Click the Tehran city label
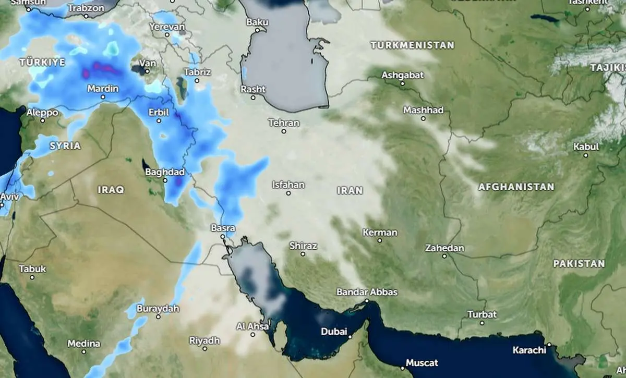click(x=284, y=123)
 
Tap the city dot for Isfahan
click(x=288, y=193)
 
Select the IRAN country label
click(x=350, y=191)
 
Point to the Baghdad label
click(x=165, y=172)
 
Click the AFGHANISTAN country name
click(x=516, y=187)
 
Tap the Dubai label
click(x=334, y=331)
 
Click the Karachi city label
click(x=529, y=350)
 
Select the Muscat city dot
click(x=402, y=368)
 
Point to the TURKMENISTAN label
click(x=412, y=45)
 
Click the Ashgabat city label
click(x=402, y=75)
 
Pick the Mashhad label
click(x=423, y=110)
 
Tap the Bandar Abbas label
click(x=367, y=292)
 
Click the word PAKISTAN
click(x=579, y=263)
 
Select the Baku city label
click(x=257, y=22)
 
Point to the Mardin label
click(x=103, y=89)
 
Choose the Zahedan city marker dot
click(x=444, y=256)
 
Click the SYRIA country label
click(x=65, y=146)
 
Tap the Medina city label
click(x=83, y=344)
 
